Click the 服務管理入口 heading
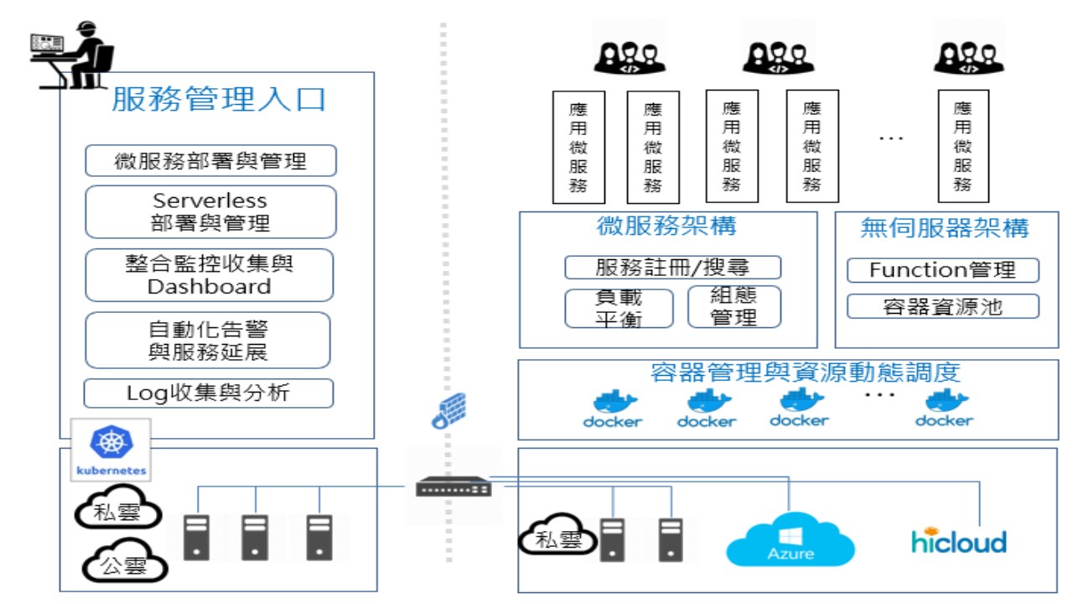pyautogui.click(x=219, y=100)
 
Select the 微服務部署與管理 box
pyautogui.click(x=210, y=160)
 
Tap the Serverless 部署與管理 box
pyautogui.click(x=210, y=212)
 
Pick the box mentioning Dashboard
pyautogui.click(x=210, y=275)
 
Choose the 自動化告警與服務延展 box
pyautogui.click(x=208, y=340)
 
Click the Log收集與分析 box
pyautogui.click(x=209, y=393)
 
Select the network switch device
pyautogui.click(x=454, y=487)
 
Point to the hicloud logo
pyautogui.click(x=959, y=540)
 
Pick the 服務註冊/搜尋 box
pyautogui.click(x=672, y=268)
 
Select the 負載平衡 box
pyautogui.click(x=619, y=308)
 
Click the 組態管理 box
pyautogui.click(x=734, y=306)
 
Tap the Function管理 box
pyautogui.click(x=943, y=270)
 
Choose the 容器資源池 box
pyautogui.click(x=943, y=306)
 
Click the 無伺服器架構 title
pyautogui.click(x=945, y=228)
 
